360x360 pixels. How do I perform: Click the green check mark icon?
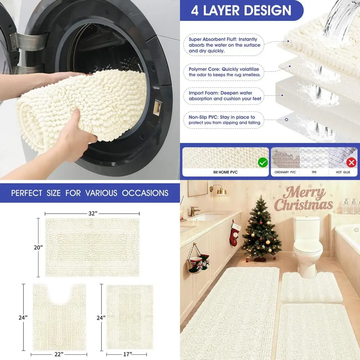[x=263, y=163]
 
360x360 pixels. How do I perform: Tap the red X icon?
[x=351, y=163]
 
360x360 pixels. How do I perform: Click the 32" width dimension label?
[x=92, y=213]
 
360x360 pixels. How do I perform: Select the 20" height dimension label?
[x=39, y=247]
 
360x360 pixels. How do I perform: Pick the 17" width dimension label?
[x=127, y=355]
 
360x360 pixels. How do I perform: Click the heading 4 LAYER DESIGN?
[x=241, y=10]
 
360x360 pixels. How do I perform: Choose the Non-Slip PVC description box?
[x=224, y=120]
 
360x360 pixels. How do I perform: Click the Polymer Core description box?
[x=224, y=72]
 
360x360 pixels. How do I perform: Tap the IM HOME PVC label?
[x=226, y=172]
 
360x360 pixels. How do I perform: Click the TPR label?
[x=314, y=172]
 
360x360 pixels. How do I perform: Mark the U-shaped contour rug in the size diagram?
[x=59, y=317]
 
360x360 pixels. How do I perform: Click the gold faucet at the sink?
[x=194, y=211]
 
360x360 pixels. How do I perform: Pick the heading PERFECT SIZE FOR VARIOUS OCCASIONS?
[x=90, y=193]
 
